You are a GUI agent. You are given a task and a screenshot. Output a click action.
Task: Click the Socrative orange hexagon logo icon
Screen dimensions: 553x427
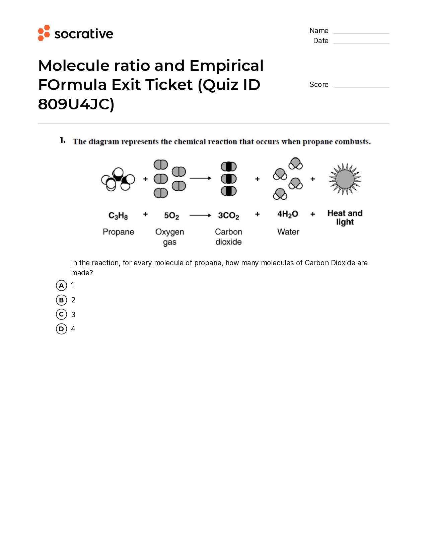click(44, 33)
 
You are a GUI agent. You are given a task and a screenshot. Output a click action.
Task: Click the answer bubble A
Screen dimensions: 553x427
click(61, 285)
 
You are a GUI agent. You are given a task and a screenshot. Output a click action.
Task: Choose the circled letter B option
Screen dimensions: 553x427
click(61, 300)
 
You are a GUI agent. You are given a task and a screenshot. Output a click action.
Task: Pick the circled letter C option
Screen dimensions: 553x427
click(61, 314)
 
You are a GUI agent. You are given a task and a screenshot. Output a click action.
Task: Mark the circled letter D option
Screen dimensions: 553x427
click(61, 329)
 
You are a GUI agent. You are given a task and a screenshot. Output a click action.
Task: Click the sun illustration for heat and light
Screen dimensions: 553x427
click(345, 179)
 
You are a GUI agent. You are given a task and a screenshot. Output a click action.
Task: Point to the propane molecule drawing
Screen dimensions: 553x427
click(118, 179)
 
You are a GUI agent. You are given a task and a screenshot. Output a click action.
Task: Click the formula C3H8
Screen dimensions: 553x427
click(118, 216)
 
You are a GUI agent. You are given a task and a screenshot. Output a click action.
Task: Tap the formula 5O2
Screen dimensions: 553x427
click(171, 216)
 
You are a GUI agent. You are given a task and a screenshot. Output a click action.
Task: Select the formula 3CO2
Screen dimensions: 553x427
click(228, 216)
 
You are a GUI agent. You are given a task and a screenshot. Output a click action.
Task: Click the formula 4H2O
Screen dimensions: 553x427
click(287, 214)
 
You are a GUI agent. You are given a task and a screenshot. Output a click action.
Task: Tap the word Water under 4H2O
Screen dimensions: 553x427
click(288, 232)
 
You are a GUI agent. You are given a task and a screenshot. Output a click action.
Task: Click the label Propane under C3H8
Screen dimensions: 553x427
click(118, 232)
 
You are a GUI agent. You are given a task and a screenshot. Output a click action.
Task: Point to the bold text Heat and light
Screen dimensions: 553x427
click(345, 217)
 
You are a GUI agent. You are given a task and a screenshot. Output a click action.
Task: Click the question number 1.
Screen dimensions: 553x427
click(62, 140)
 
